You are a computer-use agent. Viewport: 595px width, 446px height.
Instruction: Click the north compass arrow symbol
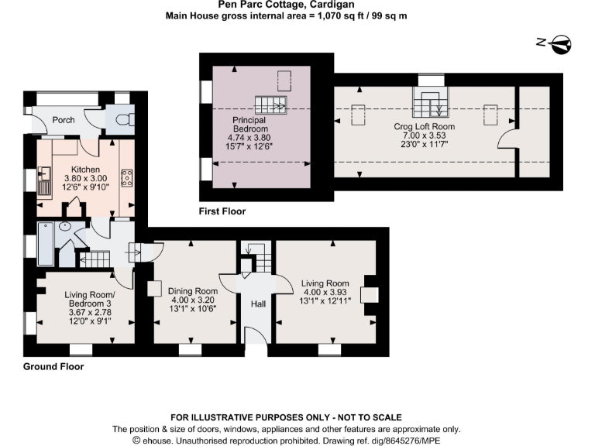(562, 43)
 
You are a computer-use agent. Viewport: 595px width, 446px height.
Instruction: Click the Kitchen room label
(85, 169)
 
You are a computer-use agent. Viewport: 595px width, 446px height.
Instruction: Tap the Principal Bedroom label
(249, 125)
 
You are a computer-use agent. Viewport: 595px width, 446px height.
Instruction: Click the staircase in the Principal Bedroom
(271, 104)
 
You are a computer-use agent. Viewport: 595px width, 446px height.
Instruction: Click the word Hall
(258, 304)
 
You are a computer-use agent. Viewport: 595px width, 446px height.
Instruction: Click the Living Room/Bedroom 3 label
(88, 298)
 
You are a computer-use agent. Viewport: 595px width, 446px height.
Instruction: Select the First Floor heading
(222, 211)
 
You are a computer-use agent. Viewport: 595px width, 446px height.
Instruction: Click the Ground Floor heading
(53, 366)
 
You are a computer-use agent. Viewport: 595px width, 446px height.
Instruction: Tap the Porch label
(64, 120)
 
